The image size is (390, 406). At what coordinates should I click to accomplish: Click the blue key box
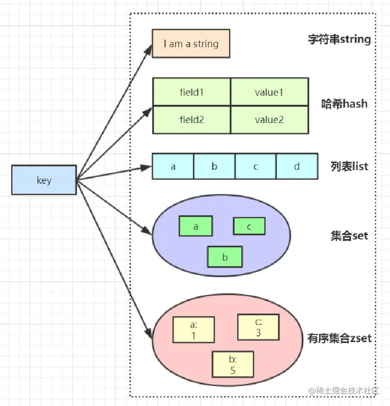(x=44, y=180)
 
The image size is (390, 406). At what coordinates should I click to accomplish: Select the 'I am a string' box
(x=191, y=43)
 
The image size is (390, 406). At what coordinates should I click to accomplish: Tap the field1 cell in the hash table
(x=192, y=92)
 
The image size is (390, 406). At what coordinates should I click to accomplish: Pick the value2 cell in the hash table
(x=269, y=119)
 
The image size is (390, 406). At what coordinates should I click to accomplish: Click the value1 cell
(x=269, y=92)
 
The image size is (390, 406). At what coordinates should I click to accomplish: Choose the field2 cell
(x=192, y=119)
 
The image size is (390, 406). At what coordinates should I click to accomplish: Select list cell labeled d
(x=297, y=166)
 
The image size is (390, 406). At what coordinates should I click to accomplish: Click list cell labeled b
(x=214, y=166)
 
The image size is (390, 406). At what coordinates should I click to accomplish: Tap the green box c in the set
(x=249, y=226)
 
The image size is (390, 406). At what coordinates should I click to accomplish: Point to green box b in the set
(x=225, y=257)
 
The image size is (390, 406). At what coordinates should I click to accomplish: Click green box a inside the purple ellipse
(x=196, y=226)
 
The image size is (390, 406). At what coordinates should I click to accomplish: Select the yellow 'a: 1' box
(x=193, y=330)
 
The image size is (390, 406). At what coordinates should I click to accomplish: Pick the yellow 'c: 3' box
(x=258, y=327)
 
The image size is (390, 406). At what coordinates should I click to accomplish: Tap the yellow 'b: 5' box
(x=233, y=364)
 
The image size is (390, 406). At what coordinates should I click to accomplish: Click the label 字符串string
(x=339, y=39)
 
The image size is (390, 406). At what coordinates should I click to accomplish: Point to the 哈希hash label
(x=344, y=104)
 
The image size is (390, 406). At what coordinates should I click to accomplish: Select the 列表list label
(x=349, y=166)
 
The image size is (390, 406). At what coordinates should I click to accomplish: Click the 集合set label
(x=349, y=236)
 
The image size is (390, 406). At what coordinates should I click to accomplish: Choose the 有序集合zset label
(x=339, y=338)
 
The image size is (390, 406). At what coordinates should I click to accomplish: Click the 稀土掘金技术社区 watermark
(x=344, y=391)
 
